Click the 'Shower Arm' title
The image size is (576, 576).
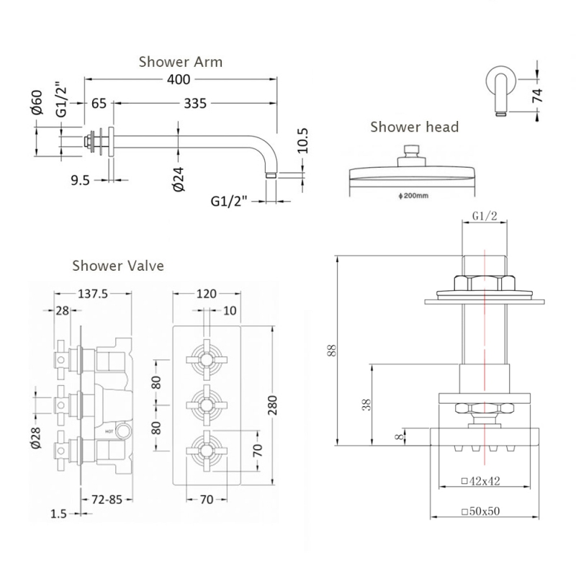coord(180,61)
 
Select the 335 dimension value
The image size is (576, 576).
coord(194,104)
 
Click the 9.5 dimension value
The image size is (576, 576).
coord(81,180)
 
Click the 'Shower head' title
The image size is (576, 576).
coord(414,127)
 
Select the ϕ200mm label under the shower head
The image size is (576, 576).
coord(413,195)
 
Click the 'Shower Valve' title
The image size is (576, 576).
coord(118,266)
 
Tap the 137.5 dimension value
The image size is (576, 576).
coord(93,294)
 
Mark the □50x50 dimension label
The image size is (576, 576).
coord(480,510)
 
